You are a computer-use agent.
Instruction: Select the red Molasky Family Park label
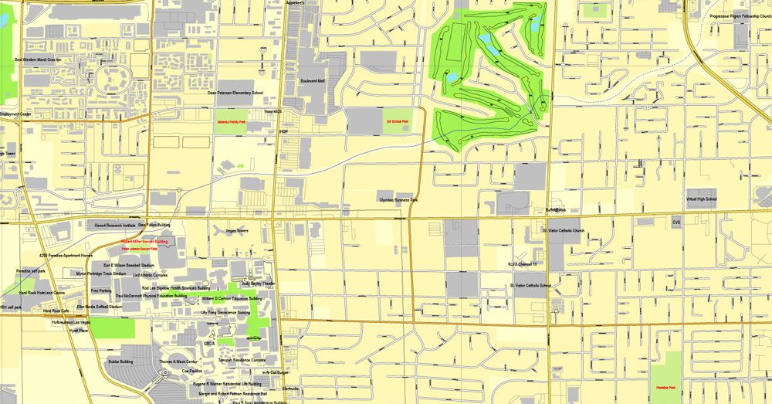[231, 122]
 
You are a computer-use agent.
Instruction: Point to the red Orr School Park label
[398, 121]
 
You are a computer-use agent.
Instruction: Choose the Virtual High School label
[701, 199]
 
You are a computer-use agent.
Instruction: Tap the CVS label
[676, 222]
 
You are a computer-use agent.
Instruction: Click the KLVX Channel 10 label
[522, 264]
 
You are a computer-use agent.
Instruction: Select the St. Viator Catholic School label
[530, 285]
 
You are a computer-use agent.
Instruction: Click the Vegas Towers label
[236, 231]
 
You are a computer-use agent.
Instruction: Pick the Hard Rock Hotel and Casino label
[42, 294]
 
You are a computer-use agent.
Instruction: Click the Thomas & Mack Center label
[178, 362]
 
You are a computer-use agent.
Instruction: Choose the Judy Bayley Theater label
[258, 283]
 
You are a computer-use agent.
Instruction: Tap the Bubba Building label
[120, 361]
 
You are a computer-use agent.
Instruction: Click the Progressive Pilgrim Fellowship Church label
[740, 15]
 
